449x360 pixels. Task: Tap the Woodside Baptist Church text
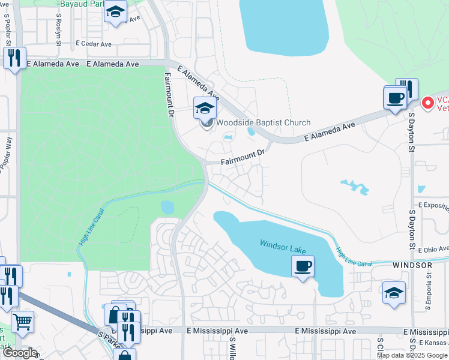pos(263,123)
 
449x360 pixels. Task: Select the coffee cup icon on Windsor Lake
pos(303,265)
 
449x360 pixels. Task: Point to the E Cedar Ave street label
pos(94,44)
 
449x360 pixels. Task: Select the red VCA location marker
pos(427,103)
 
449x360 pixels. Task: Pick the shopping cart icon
pos(22,321)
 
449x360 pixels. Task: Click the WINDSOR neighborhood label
pos(412,265)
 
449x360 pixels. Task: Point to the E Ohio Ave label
pos(435,249)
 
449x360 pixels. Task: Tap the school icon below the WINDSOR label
pos(394,293)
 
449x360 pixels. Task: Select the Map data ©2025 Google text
pos(411,355)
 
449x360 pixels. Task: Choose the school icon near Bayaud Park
pos(115,12)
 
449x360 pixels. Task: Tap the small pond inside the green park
pos(167,208)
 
